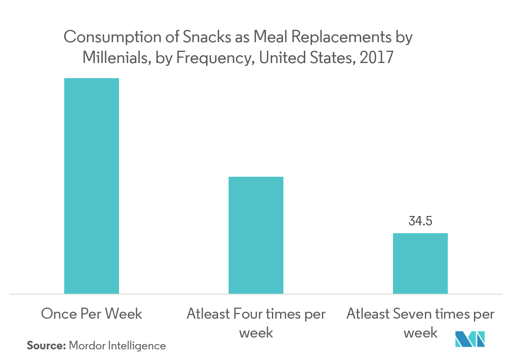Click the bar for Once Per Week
pyautogui.click(x=92, y=186)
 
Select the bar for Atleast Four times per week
pyautogui.click(x=256, y=235)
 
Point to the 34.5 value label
pyautogui.click(x=420, y=221)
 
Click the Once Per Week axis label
pyautogui.click(x=92, y=314)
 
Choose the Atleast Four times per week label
pyautogui.click(x=256, y=323)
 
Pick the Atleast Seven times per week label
pyautogui.click(x=420, y=323)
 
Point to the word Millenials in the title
pyautogui.click(x=115, y=58)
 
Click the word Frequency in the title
pyautogui.click(x=212, y=58)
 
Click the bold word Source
pyautogui.click(x=46, y=346)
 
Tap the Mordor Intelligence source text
pyautogui.click(x=117, y=346)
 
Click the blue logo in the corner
pyautogui.click(x=470, y=339)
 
